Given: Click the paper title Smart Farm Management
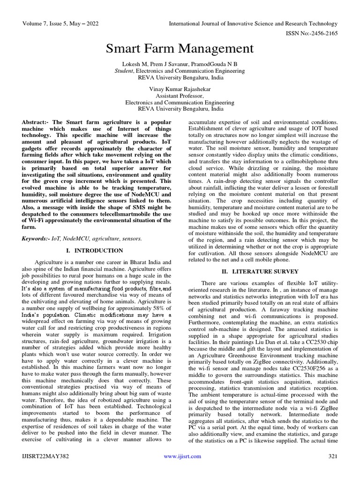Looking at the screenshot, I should point(180,48).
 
